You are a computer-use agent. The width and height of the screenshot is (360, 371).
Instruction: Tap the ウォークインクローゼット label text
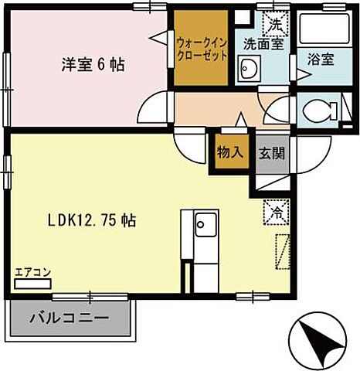tap(201, 51)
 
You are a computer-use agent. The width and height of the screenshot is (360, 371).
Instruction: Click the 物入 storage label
tap(230, 151)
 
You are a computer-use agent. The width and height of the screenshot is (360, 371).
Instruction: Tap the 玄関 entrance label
tap(271, 152)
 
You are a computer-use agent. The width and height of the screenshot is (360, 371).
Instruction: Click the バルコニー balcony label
tap(69, 318)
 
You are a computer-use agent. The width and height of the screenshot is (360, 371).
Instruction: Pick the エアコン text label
tap(32, 271)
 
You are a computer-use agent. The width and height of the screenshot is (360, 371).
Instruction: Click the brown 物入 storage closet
tap(230, 152)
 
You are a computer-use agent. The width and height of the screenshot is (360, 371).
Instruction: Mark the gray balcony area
tap(69, 318)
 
